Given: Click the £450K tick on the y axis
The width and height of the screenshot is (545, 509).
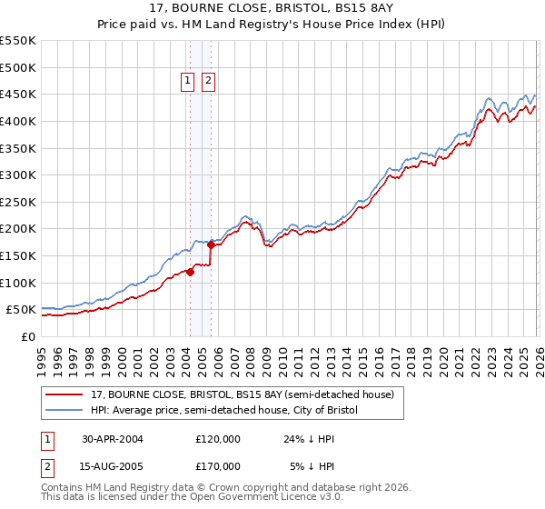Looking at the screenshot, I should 18,95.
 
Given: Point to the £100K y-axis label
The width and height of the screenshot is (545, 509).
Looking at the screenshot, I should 18,283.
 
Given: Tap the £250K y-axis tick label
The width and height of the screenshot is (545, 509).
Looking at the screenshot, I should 18,202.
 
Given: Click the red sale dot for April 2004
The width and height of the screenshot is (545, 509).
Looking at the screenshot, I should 191,272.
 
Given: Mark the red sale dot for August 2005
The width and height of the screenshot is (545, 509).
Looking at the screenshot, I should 212,245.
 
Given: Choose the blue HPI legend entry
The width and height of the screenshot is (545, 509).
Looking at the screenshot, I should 224,411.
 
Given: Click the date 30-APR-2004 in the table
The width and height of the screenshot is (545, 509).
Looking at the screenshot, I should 113,439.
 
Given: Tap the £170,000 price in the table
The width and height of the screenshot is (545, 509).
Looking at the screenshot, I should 218,465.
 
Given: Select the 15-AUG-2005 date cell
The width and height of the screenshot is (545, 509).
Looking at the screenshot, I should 113,465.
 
